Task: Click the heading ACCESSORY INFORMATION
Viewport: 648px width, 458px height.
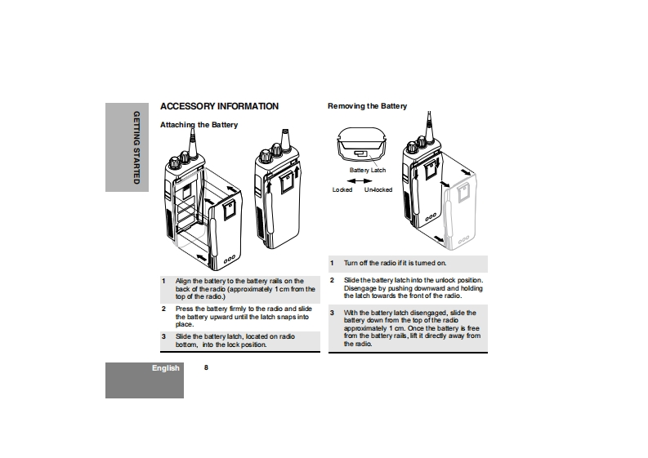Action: point(219,106)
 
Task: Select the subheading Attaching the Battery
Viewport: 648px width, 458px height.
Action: point(199,125)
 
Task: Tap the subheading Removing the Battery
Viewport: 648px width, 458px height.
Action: point(367,106)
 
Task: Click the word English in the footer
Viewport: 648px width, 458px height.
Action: point(165,368)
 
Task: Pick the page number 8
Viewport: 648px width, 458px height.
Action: point(206,368)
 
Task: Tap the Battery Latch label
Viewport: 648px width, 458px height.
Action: point(368,170)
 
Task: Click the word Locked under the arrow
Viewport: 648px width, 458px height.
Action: point(342,189)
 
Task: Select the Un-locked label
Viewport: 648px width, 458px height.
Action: point(378,189)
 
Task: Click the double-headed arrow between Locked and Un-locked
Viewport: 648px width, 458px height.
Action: point(360,180)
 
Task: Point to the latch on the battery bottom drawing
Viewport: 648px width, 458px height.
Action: point(360,153)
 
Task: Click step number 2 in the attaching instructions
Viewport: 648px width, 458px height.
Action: point(163,309)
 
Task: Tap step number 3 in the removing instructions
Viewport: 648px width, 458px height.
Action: point(332,313)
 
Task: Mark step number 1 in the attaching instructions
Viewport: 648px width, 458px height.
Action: point(163,281)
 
